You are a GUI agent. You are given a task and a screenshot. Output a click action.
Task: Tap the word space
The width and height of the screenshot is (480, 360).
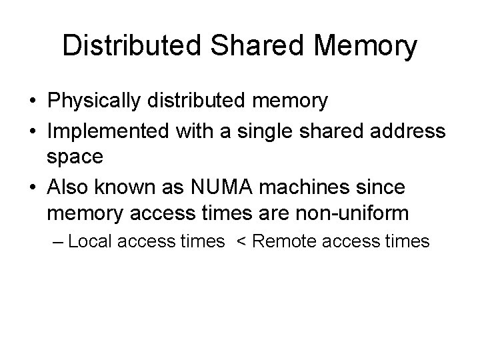click(75, 158)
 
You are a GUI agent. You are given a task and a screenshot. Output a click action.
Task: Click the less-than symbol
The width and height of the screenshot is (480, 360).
click(239, 241)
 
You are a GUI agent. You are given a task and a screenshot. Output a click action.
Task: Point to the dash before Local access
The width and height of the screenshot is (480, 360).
click(58, 241)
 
